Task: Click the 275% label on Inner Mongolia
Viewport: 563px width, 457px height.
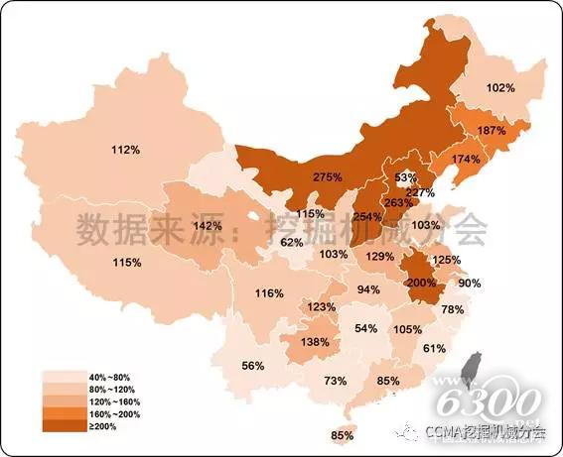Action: tap(328, 176)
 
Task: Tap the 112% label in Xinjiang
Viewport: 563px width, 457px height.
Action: tap(125, 150)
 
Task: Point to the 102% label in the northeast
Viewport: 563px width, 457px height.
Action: tap(501, 87)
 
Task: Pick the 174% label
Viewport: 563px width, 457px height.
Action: tap(466, 160)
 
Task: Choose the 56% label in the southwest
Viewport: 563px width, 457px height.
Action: tap(253, 366)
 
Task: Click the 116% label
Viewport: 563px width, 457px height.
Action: tap(269, 293)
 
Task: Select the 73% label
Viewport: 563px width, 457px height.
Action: tap(336, 381)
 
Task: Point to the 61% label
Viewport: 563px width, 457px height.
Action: tap(434, 348)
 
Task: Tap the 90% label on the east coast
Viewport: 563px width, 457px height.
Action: tap(469, 284)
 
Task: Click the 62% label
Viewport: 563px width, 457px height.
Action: tap(291, 242)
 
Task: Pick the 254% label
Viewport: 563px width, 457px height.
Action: tap(367, 217)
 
